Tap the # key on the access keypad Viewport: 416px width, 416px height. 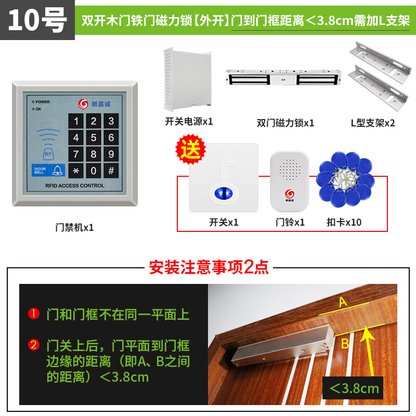pos(110,171)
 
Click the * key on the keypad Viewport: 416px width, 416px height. pos(76,171)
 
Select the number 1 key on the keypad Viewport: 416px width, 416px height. pos(76,122)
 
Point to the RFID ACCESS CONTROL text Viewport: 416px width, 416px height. pos(74,186)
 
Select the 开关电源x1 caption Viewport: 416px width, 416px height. pos(189,121)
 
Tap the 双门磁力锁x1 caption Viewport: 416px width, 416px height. pos(285,123)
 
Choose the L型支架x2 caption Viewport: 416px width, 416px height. pos(373,123)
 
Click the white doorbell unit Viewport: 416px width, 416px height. pos(290,180)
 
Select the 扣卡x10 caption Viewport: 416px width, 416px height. pos(344,222)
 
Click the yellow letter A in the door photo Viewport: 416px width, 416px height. pos(343,302)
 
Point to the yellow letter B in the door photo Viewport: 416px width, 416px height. pos(344,343)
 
